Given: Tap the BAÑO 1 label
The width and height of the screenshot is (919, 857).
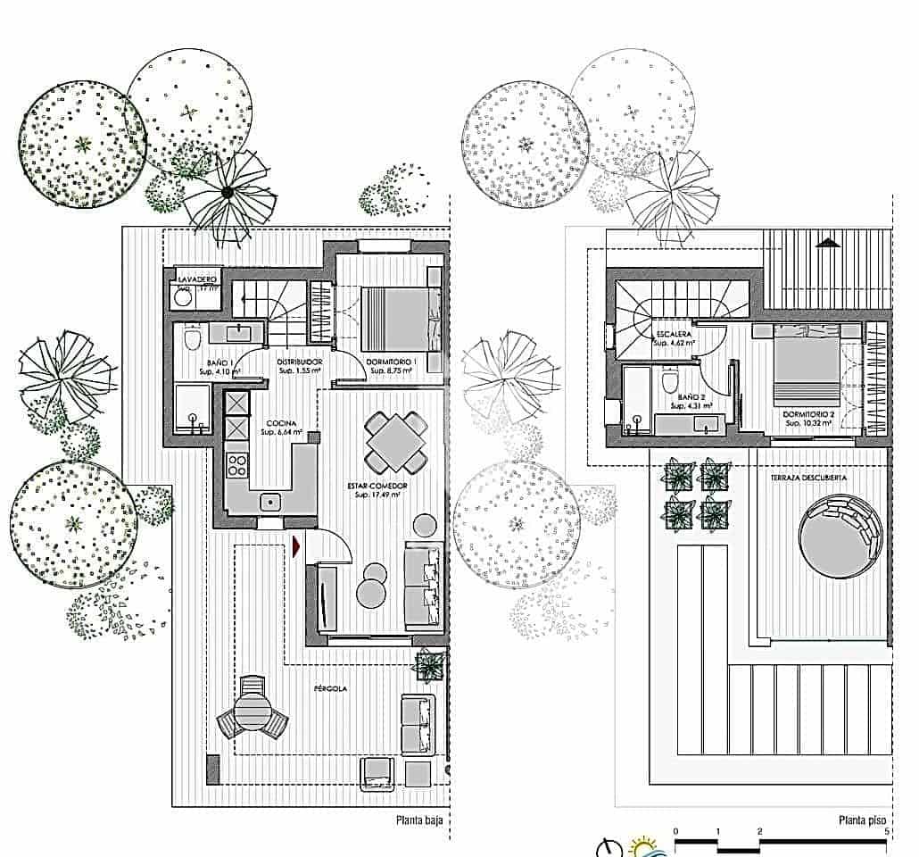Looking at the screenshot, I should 194,362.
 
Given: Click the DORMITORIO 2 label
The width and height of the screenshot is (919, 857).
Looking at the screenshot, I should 807,415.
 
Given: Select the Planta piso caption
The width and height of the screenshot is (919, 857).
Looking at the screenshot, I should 862,820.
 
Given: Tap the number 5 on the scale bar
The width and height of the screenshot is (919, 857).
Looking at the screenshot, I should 886,832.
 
